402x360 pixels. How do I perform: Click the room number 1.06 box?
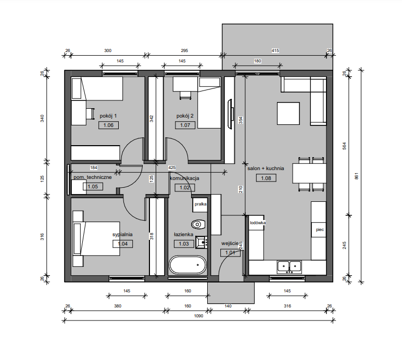[x=108, y=125]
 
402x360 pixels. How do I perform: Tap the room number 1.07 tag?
[x=185, y=125]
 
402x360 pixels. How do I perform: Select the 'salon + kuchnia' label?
[x=266, y=169]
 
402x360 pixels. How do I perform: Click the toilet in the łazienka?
[x=198, y=225]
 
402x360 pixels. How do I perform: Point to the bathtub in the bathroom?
[x=187, y=265]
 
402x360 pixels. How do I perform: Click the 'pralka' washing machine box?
[x=200, y=204]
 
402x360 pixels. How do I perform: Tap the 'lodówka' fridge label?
[x=258, y=223]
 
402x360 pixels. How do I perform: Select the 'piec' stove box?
[x=319, y=229]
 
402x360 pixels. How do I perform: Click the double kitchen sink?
[x=289, y=267]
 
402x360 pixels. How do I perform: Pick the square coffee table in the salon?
[x=288, y=113]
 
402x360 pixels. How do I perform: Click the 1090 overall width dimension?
[x=198, y=316]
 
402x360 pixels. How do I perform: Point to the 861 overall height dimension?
[x=356, y=176]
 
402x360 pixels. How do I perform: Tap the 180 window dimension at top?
[x=257, y=61]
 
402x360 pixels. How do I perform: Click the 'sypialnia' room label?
[x=122, y=235]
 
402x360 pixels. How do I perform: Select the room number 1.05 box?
[x=93, y=187]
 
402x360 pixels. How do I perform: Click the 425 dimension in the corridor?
[x=172, y=168]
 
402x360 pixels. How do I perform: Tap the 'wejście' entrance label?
[x=230, y=243]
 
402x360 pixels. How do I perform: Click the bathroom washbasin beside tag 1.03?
[x=202, y=242]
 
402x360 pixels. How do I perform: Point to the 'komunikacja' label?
[x=184, y=178]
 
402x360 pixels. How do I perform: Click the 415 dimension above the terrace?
[x=275, y=50]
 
